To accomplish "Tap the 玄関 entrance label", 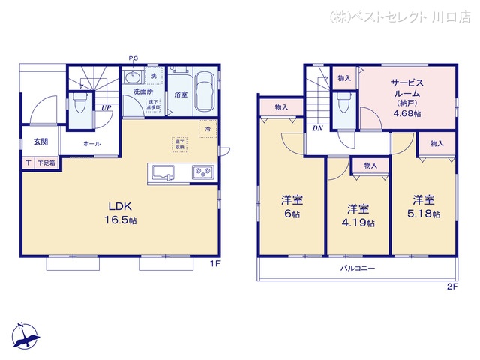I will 40,142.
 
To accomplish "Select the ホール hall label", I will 92,143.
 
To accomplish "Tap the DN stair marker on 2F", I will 319,128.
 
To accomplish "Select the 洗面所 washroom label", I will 143,91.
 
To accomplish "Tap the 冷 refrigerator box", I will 208,129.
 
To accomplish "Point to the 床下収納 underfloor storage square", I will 180,144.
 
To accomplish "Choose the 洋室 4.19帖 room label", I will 358,214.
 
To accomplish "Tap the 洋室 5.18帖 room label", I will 424,207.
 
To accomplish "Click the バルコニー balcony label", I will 357,268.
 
